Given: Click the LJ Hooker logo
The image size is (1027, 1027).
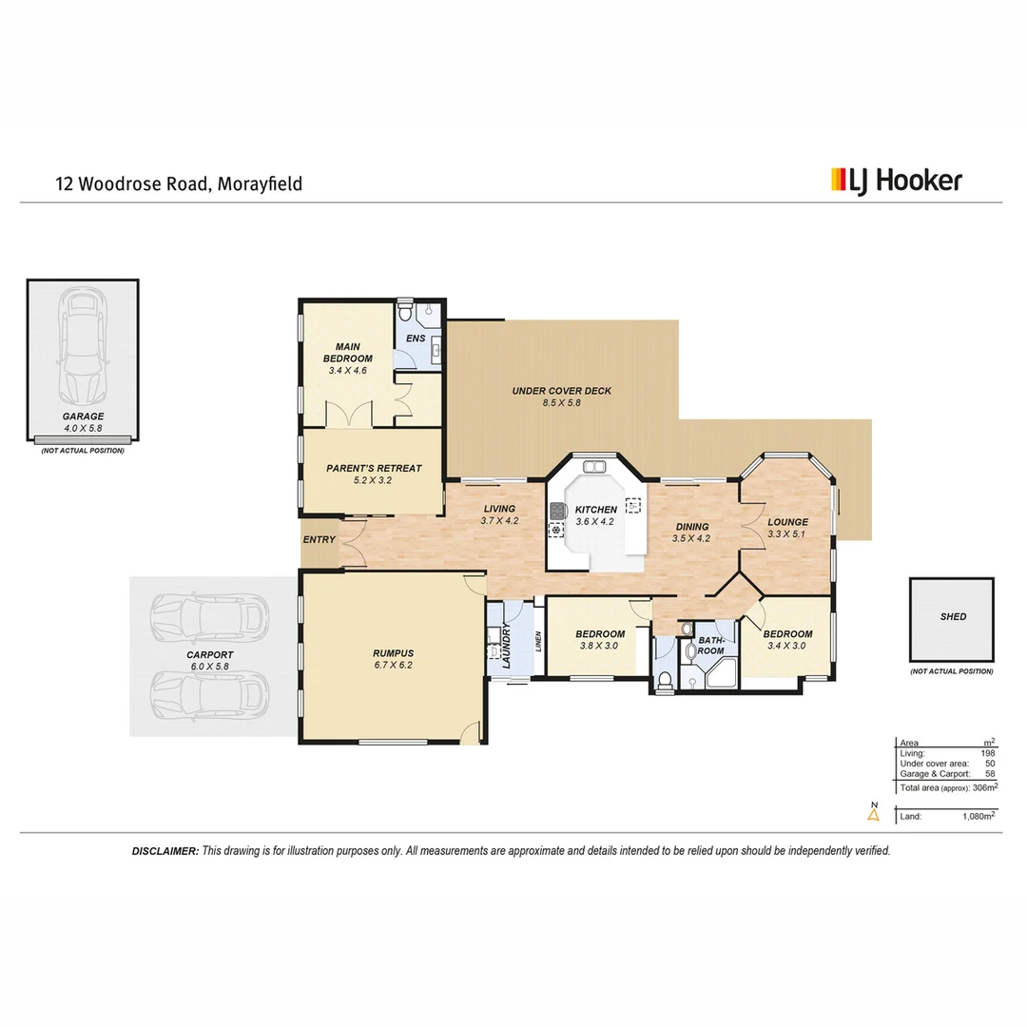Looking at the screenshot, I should pyautogui.click(x=897, y=181).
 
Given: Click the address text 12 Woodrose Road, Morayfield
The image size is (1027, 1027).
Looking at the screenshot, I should pyautogui.click(x=179, y=184).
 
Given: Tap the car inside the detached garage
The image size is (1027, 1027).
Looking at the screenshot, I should pyautogui.click(x=82, y=347).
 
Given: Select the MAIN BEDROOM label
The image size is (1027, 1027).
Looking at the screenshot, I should pyautogui.click(x=347, y=352).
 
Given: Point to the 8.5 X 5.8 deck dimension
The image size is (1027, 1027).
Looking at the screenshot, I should pyautogui.click(x=561, y=403).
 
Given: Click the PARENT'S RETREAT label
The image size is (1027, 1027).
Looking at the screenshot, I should pyautogui.click(x=373, y=468).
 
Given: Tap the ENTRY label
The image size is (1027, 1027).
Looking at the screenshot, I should pyautogui.click(x=319, y=540).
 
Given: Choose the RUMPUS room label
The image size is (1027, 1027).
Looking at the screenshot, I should pyautogui.click(x=393, y=653).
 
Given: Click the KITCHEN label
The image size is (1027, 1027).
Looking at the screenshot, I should pyautogui.click(x=596, y=510).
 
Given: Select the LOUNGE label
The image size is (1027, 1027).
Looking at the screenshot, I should pyautogui.click(x=787, y=522).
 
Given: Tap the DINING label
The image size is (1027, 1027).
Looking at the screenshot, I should pyautogui.click(x=691, y=527).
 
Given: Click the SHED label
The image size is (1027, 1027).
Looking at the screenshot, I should pyautogui.click(x=953, y=616).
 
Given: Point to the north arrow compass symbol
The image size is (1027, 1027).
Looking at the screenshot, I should pyautogui.click(x=873, y=811).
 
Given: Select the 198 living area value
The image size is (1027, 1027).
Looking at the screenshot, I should pyautogui.click(x=988, y=753).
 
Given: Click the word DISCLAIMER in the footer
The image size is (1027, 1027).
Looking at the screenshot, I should pyautogui.click(x=165, y=851).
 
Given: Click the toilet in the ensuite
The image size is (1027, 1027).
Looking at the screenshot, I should pyautogui.click(x=405, y=311).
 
